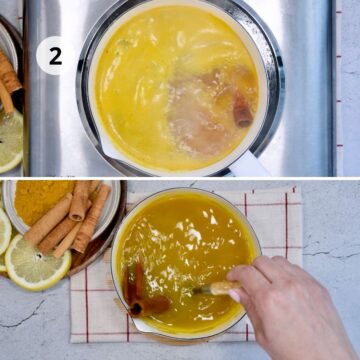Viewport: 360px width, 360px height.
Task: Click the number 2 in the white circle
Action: [x=55, y=57]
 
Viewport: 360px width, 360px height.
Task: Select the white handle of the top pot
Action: [x=249, y=164]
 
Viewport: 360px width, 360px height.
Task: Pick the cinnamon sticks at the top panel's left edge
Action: [x=8, y=78]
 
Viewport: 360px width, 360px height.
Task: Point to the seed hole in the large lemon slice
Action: [x=40, y=257]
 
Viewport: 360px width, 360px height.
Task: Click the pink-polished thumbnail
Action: [x=234, y=295]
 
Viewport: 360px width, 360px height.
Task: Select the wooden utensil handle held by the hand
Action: [x=218, y=288]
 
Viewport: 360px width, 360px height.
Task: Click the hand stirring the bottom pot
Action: [x=287, y=300]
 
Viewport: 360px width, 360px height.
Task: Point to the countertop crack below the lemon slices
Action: [x=23, y=315]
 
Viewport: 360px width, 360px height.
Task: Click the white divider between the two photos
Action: [x=180, y=178]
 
